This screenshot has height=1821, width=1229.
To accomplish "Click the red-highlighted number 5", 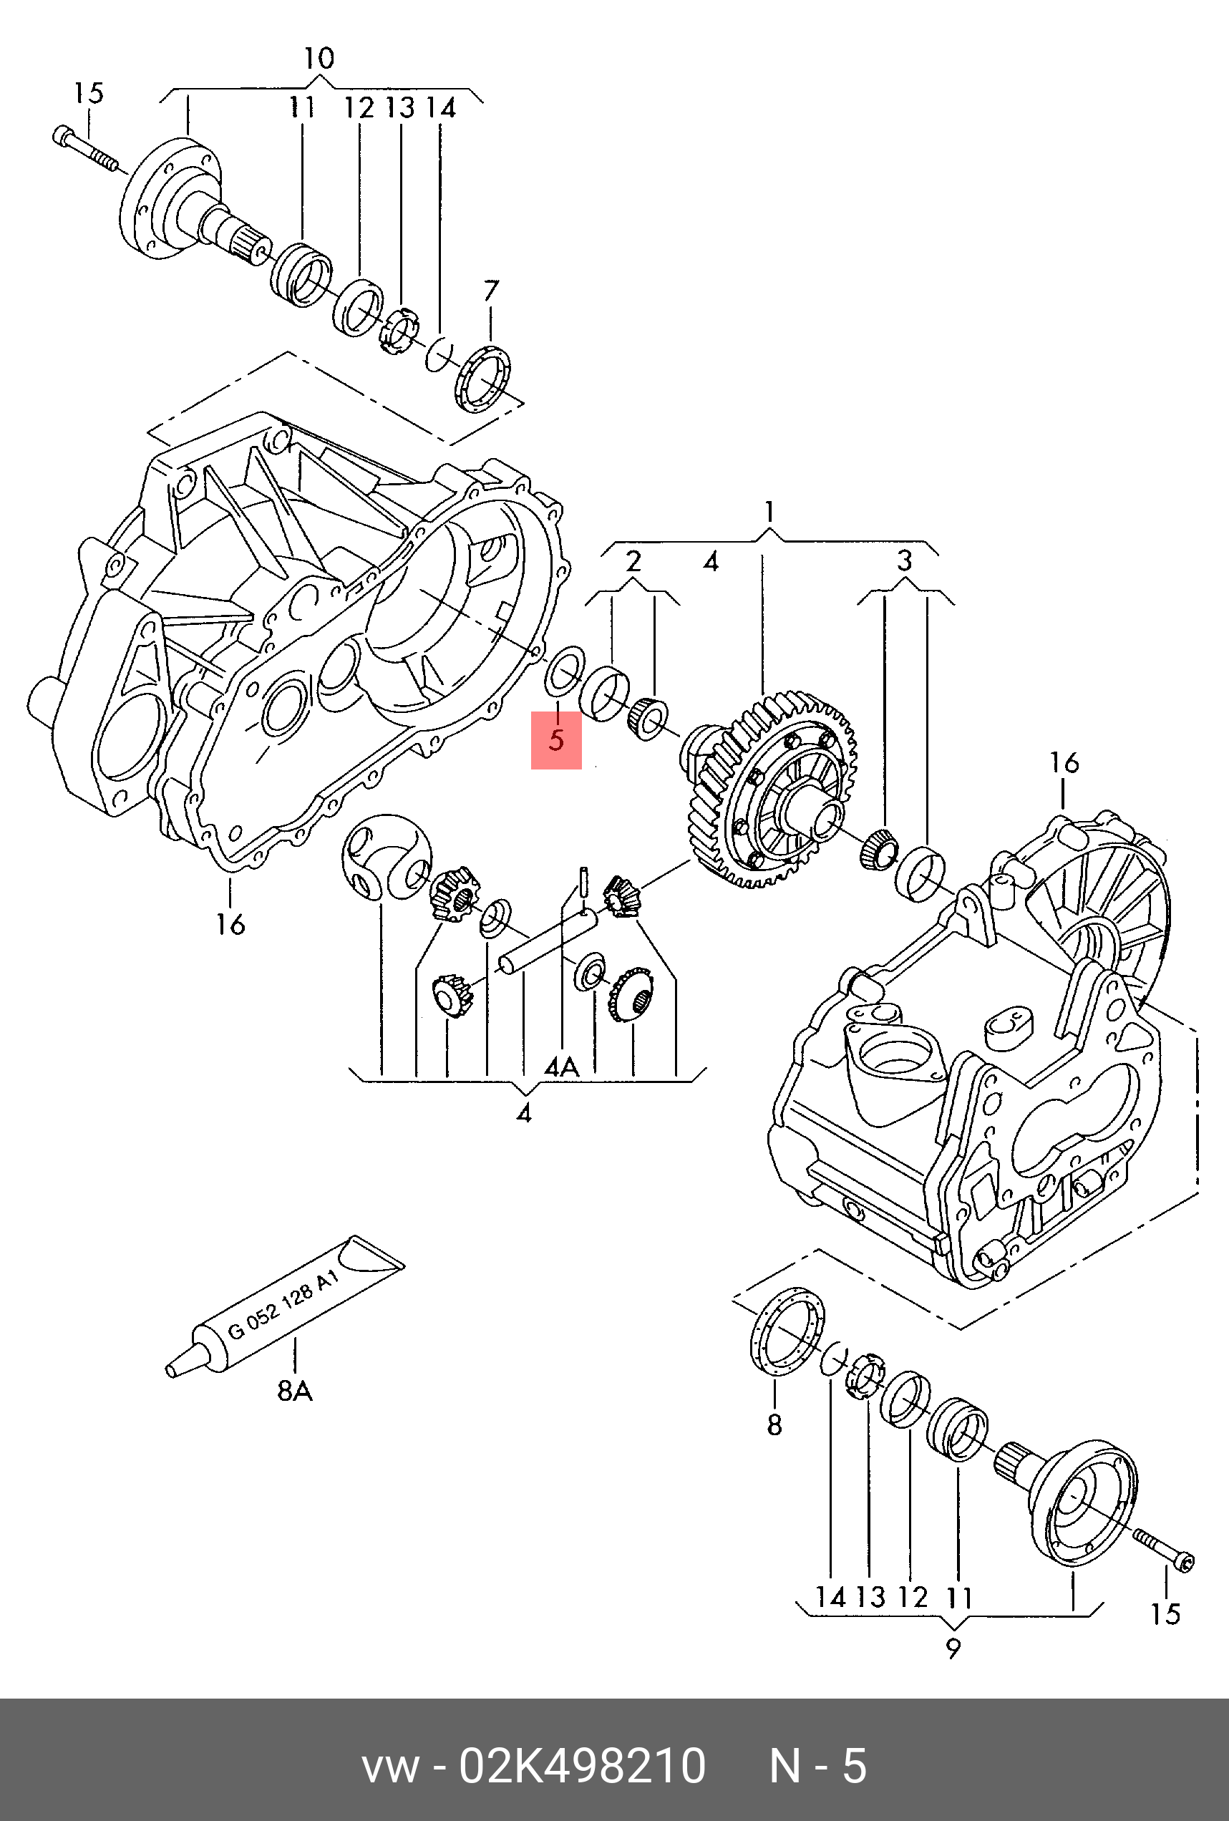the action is click(556, 739).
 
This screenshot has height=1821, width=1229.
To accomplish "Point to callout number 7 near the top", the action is click(490, 291).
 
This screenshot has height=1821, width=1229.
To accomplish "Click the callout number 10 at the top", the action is click(319, 58).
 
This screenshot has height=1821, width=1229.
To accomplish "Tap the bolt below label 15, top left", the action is click(85, 150).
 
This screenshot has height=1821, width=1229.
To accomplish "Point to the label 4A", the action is click(562, 1067).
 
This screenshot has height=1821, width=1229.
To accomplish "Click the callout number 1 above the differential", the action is click(770, 513).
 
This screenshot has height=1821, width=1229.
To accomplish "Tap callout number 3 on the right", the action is click(905, 560).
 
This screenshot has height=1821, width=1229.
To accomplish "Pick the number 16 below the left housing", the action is click(231, 925).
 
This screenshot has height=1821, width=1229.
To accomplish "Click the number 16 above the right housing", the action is click(1064, 762).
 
